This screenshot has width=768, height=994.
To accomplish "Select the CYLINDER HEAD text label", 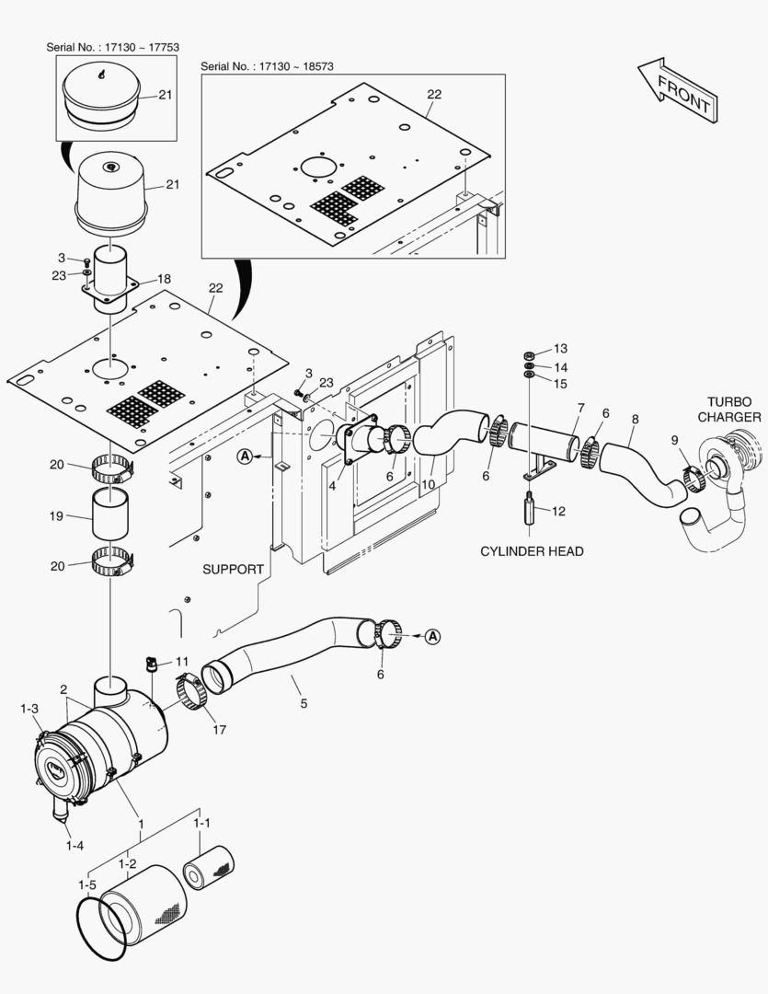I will (532, 551).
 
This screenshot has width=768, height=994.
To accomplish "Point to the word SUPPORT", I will (233, 570).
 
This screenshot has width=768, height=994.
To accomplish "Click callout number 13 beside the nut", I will (560, 349).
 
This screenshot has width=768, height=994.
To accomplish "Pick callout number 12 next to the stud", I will (558, 510).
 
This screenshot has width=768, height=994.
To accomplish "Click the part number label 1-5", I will (86, 885).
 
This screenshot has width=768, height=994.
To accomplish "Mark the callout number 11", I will (181, 661).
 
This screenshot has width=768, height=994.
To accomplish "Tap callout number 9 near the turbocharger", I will (674, 441).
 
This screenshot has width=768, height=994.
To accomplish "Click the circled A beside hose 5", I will (433, 635).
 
